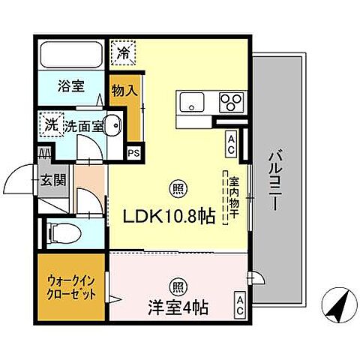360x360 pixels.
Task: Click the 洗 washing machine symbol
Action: point(51,122)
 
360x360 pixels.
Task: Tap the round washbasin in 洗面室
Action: point(111,126)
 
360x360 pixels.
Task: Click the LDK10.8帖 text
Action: point(169,216)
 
